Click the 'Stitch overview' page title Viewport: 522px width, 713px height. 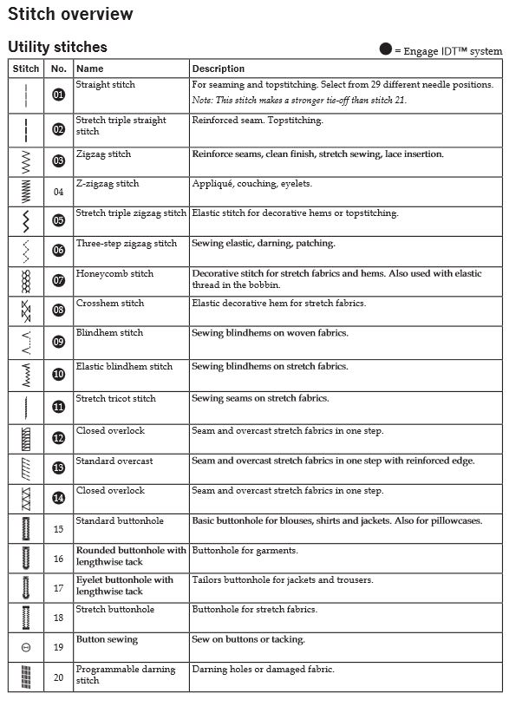coord(71,15)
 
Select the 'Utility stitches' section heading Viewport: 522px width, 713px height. coord(57,47)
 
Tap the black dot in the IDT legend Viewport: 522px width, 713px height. coord(386,49)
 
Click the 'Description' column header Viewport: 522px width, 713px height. coord(219,69)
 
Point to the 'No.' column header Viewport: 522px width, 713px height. coord(59,69)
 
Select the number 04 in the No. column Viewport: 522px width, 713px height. coord(59,192)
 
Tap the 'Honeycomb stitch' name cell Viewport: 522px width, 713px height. coord(114,274)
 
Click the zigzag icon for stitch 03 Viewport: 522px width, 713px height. coord(26,161)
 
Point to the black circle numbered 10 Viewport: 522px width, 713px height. coord(59,375)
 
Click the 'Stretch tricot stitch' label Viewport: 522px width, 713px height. coord(116,399)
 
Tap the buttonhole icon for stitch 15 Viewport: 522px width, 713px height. coord(26,528)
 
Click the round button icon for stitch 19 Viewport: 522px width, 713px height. coord(26,647)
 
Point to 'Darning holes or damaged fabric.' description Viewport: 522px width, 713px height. coord(263,670)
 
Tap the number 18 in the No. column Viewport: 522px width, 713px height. coord(59,618)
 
